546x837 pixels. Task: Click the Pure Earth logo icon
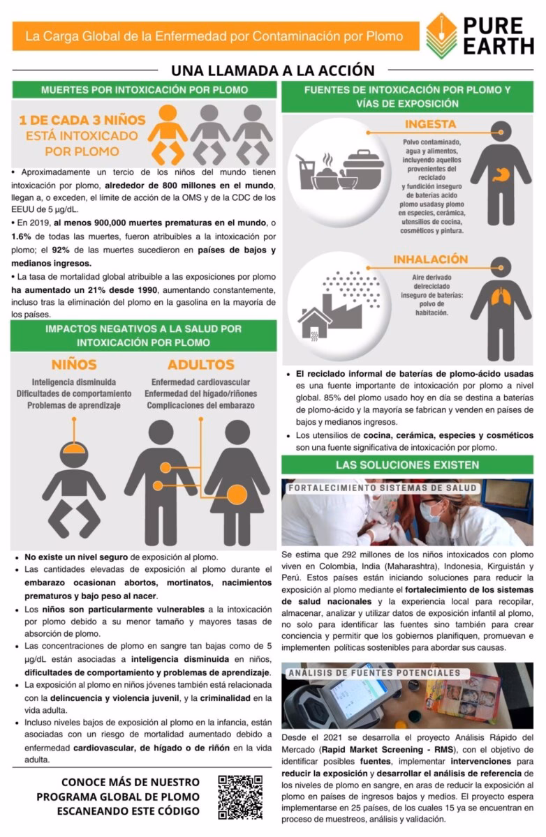pos(441,35)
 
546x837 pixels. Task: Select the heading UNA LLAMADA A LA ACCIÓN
pos(272,70)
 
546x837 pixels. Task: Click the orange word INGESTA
pos(430,124)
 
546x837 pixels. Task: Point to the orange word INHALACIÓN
pos(430,259)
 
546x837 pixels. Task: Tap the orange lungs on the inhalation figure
pos(501,297)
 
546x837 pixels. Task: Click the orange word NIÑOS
pos(74,365)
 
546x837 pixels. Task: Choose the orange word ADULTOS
pos(200,365)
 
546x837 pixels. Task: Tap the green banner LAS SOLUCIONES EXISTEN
pos(407,465)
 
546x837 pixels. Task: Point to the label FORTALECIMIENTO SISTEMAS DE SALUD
pos(383,488)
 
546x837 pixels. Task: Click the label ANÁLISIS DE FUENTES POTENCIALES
pos(374,673)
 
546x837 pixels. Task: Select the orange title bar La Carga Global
pos(215,36)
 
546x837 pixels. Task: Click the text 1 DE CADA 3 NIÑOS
pos(82,120)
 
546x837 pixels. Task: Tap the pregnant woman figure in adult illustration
pos(237,481)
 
